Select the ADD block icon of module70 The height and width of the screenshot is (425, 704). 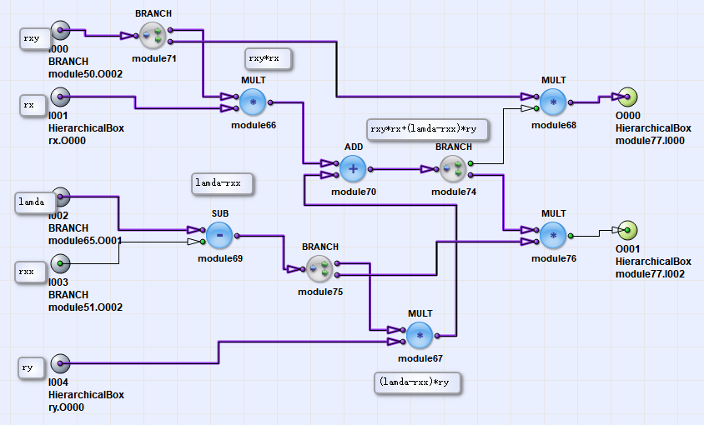(353, 169)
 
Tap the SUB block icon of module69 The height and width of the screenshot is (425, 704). (219, 236)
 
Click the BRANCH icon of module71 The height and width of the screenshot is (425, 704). (153, 35)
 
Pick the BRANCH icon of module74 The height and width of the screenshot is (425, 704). (453, 169)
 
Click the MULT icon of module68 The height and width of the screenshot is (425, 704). (553, 102)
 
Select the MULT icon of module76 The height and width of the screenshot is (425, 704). (553, 236)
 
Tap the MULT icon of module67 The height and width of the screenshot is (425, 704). (420, 335)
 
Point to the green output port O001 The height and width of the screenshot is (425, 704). (627, 231)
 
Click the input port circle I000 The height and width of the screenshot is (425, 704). (60, 32)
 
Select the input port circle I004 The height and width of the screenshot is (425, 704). (60, 364)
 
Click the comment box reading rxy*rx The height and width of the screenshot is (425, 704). (268, 58)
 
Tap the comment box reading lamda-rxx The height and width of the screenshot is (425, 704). (222, 183)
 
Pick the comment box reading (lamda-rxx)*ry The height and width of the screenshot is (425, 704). (418, 382)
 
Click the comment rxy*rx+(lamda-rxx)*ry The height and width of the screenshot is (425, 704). (427, 130)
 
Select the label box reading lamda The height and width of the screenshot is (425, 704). (36, 202)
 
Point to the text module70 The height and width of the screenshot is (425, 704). (353, 192)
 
